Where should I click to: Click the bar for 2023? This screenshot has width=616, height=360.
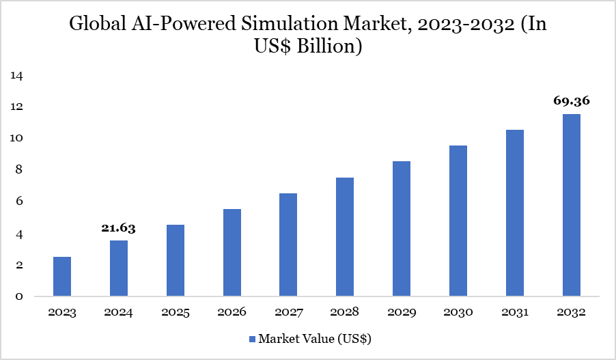click(62, 277)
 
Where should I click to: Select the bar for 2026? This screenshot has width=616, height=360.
click(232, 253)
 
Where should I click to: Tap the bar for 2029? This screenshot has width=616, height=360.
click(402, 229)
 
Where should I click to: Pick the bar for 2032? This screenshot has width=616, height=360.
click(571, 205)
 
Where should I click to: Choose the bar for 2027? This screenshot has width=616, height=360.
click(288, 245)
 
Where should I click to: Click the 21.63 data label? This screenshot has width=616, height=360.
click(119, 228)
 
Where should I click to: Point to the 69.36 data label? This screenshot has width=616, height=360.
click(571, 101)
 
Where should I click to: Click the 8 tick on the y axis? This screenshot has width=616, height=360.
click(20, 169)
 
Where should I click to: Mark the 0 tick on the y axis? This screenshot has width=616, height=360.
click(20, 296)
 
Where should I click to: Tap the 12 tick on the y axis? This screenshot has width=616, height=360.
click(17, 107)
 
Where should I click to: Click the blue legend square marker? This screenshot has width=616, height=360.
click(251, 338)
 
